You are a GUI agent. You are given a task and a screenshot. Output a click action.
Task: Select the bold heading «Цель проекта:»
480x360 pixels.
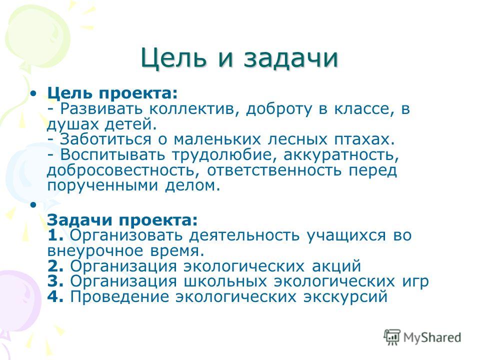point(112,93)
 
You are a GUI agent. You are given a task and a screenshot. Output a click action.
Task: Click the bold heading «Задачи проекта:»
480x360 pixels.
point(122,220)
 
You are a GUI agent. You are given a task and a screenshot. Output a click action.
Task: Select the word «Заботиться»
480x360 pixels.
point(105,139)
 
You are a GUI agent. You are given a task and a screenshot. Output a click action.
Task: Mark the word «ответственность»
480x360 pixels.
point(274,170)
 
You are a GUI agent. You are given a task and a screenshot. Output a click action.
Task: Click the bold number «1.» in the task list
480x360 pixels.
point(55,235)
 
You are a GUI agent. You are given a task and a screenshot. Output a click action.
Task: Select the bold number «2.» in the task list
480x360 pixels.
point(55,266)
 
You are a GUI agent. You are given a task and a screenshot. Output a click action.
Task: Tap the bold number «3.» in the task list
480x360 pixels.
point(55,281)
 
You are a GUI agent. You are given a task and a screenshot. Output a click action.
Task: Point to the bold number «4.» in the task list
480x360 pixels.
point(55,296)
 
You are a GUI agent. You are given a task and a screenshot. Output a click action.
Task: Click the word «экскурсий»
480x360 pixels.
point(345,297)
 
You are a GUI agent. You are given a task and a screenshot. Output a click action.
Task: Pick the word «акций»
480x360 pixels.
point(336,266)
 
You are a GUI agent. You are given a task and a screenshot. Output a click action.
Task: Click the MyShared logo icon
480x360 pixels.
point(392,337)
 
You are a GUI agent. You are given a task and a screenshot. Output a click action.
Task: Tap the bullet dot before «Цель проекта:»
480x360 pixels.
point(33,93)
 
